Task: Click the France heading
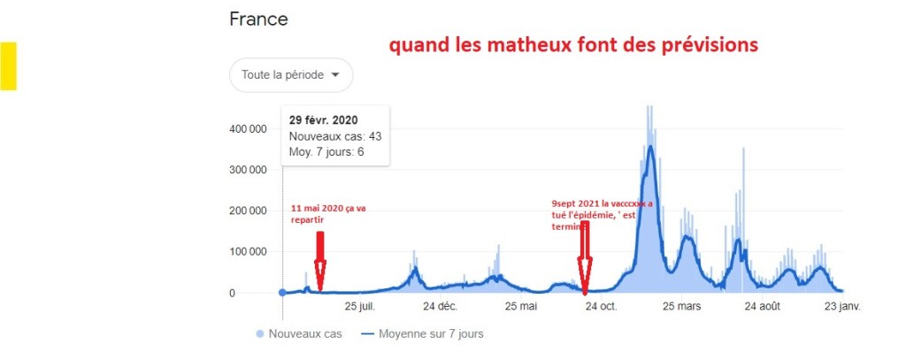click(x=258, y=19)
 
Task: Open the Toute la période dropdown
click(x=291, y=75)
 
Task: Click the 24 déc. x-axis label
click(x=440, y=307)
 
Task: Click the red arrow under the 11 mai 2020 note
click(x=320, y=261)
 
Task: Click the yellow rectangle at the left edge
click(x=8, y=65)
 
